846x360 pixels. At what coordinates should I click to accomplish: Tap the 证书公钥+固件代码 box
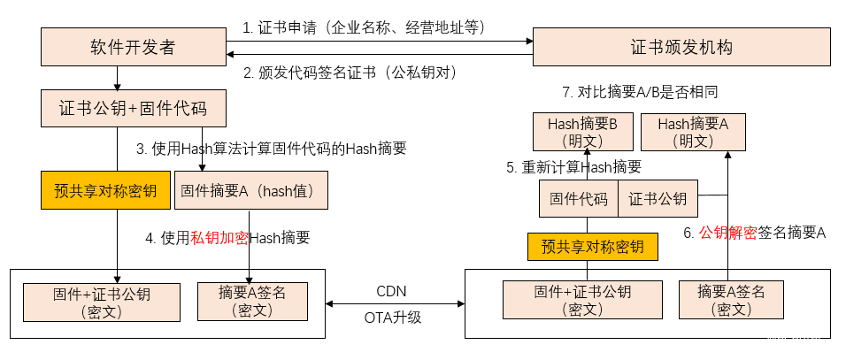(x=133, y=109)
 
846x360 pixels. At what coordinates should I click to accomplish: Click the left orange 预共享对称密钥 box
(x=105, y=190)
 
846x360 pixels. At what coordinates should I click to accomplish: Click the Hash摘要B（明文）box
(x=581, y=131)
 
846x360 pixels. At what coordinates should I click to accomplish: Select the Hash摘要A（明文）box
(x=692, y=131)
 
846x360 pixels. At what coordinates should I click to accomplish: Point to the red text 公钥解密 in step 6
(x=727, y=233)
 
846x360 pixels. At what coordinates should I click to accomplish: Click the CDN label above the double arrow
(x=392, y=291)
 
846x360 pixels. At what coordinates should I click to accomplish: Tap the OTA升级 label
(x=392, y=317)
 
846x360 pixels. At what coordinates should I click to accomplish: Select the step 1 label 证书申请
(x=365, y=27)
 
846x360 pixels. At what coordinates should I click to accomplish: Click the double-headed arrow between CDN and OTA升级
(x=395, y=304)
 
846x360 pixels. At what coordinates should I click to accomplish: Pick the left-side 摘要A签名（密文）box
(x=252, y=299)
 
